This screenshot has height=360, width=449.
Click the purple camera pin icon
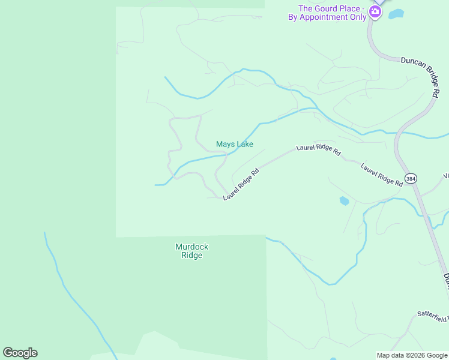375,11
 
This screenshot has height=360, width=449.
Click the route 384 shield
411,179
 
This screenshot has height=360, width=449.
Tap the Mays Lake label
234,144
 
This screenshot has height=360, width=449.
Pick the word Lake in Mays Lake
244,144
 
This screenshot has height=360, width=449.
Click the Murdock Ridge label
191,251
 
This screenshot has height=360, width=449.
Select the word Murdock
191,247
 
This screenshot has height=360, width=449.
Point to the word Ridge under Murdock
191,256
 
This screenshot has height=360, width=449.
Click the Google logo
20,353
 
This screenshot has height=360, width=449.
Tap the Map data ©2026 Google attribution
412,355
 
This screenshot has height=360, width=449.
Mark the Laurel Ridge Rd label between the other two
318,150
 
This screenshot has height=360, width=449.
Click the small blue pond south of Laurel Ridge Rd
345,201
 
